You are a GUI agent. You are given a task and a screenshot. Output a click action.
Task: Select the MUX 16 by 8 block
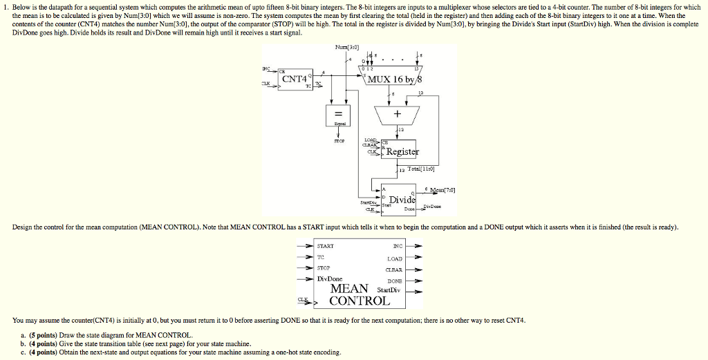[x=391, y=78]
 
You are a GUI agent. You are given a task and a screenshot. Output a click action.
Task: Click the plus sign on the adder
[x=398, y=113]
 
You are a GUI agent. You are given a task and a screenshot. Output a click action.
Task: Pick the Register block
[x=401, y=151]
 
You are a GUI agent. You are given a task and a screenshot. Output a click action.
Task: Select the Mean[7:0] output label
[x=441, y=190]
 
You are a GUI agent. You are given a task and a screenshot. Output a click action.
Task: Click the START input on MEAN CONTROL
[x=325, y=246]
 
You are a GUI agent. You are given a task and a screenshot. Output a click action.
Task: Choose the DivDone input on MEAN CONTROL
[x=330, y=278]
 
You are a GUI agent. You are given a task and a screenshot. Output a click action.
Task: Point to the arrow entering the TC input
[x=304, y=256]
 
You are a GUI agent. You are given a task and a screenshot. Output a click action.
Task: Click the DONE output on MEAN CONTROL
[x=393, y=281]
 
